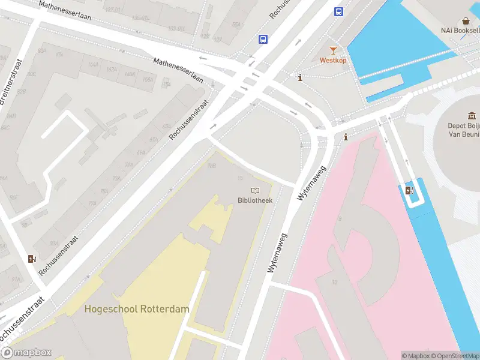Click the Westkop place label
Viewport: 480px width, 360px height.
(332, 60)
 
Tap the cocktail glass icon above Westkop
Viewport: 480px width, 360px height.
(333, 50)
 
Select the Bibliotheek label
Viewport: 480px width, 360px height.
(255, 200)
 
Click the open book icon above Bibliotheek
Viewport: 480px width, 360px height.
(255, 191)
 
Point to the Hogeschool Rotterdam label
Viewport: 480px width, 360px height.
(137, 310)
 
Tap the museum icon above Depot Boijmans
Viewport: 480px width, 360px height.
(472, 116)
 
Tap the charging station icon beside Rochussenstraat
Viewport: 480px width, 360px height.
(32, 259)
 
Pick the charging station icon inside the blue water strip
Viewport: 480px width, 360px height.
(410, 191)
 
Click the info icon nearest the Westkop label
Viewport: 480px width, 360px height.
(300, 77)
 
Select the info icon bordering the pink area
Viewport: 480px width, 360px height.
(346, 137)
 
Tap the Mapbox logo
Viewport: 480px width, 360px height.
(26, 353)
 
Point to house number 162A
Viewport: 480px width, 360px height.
(112, 70)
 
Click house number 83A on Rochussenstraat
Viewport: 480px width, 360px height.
(55, 244)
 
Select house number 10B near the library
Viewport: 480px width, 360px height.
(211, 166)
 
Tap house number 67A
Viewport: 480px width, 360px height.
(154, 139)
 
